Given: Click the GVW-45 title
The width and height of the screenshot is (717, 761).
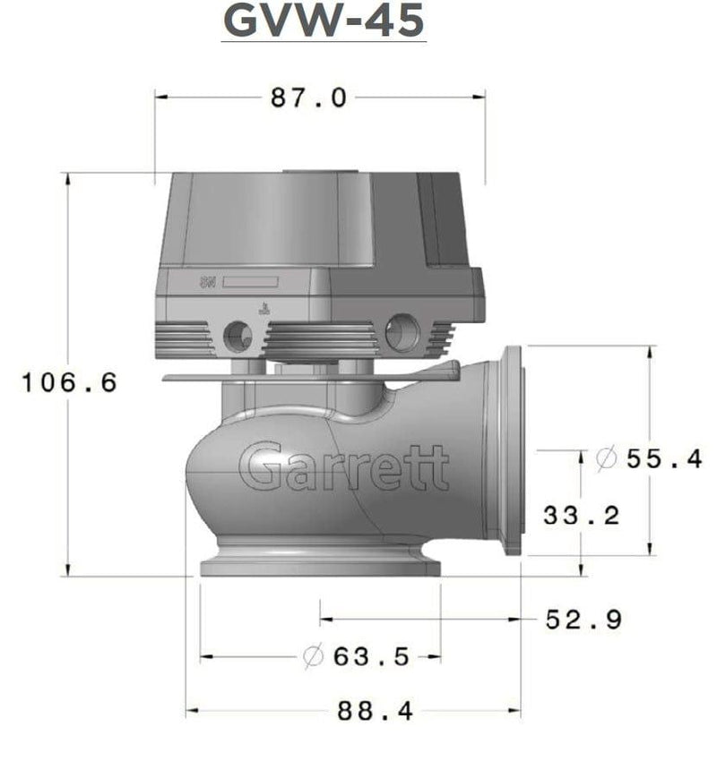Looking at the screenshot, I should tap(324, 21).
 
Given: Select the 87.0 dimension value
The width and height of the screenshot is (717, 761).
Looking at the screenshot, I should tap(308, 98).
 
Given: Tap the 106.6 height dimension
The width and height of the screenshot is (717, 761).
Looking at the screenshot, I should tap(70, 383).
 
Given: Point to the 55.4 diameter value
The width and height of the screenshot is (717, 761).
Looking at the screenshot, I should tap(663, 459).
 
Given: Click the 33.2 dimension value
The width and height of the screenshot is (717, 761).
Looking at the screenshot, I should tap(582, 516).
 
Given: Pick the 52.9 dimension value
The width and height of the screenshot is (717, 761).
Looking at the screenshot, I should tap(584, 619).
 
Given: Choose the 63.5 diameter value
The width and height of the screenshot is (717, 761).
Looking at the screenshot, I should tap(370, 657).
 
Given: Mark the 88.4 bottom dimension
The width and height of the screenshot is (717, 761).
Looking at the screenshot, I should tap(375, 712).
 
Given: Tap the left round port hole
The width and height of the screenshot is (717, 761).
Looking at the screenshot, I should tap(238, 336).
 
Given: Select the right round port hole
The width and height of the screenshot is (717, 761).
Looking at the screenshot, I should tap(402, 333).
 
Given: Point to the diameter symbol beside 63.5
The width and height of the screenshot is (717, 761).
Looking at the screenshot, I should tap(313, 657).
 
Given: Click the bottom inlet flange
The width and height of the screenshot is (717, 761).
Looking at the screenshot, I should tap(321, 566).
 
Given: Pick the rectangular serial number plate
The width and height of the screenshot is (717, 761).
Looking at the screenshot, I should tap(250, 281).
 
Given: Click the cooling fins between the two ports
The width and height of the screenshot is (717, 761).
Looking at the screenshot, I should tap(321, 340).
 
